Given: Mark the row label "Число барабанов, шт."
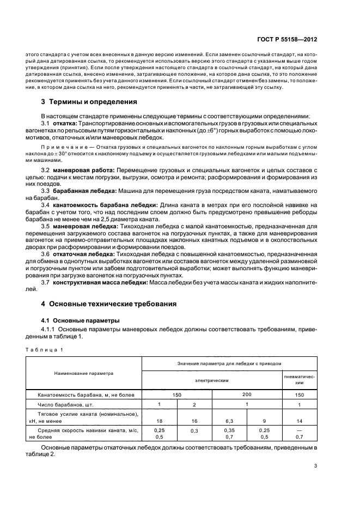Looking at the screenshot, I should pos(63,405).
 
